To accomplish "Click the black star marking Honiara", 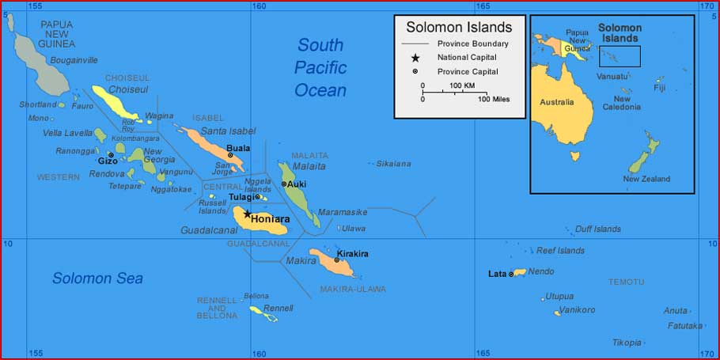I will (x=247, y=214).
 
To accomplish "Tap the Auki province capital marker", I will (x=284, y=184).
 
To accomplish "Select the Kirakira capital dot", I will (x=337, y=260).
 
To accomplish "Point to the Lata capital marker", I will (x=511, y=274).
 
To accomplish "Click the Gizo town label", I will (x=108, y=161).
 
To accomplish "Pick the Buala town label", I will (x=238, y=148).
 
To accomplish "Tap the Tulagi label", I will (x=241, y=197).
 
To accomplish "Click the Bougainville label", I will (x=74, y=60).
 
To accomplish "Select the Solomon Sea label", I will (x=97, y=279).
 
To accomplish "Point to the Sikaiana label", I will (x=394, y=164).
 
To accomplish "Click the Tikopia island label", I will (x=627, y=343).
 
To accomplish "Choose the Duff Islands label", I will (x=598, y=229).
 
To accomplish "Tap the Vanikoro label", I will (x=577, y=310).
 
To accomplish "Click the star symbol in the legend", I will (x=415, y=58).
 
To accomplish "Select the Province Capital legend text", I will (x=468, y=71).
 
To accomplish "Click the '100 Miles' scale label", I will (x=493, y=99).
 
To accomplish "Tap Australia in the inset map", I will (x=557, y=102).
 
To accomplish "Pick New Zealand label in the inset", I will (x=646, y=179).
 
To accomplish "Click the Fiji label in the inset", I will (x=660, y=88).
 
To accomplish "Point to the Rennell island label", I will (x=279, y=308).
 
